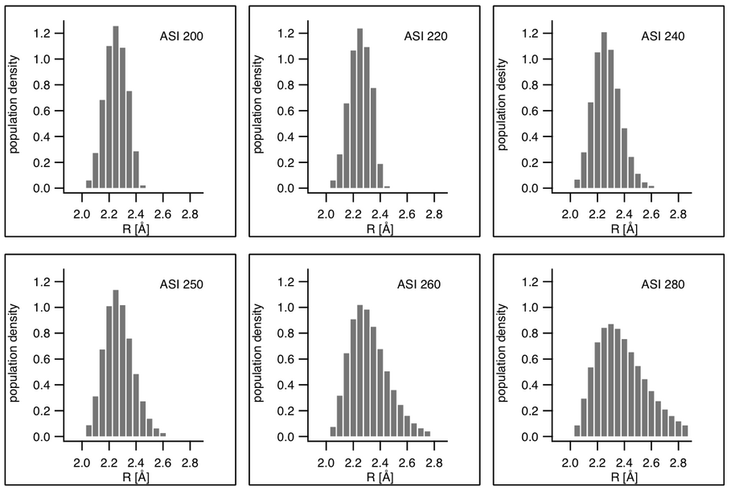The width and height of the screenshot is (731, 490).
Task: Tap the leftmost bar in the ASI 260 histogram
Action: coord(333,431)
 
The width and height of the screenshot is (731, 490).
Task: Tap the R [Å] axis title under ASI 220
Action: coord(380,229)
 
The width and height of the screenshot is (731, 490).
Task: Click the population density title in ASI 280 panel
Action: coord(503,354)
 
